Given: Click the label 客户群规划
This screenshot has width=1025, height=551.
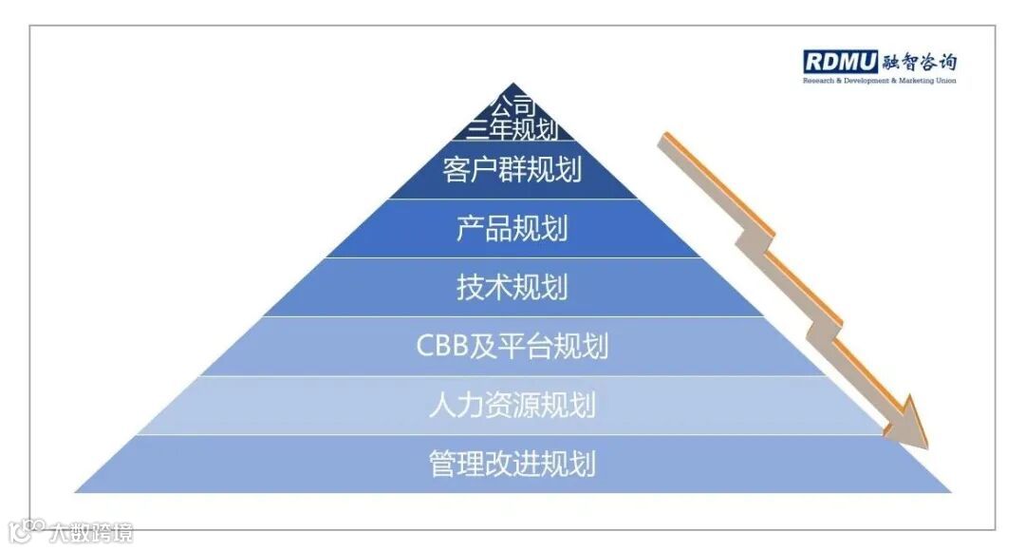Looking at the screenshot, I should [x=512, y=171].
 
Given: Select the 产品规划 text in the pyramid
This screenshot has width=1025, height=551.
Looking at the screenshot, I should [x=512, y=229].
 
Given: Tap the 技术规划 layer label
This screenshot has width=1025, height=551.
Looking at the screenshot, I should [x=512, y=287].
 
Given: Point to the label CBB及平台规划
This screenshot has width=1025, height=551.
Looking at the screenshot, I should [x=512, y=346].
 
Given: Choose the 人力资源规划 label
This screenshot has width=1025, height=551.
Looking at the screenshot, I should [x=512, y=405].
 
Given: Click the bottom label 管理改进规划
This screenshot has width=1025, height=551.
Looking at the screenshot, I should [x=512, y=464].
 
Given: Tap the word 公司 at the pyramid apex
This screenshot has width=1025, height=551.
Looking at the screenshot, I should [x=512, y=104].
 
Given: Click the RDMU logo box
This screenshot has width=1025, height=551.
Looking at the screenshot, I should [x=841, y=63].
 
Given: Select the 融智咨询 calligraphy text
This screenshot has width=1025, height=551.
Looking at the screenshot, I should [x=919, y=63].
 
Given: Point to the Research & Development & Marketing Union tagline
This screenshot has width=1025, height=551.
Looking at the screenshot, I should [x=880, y=82].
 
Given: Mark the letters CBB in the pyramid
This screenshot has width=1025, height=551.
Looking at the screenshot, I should [x=444, y=346].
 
